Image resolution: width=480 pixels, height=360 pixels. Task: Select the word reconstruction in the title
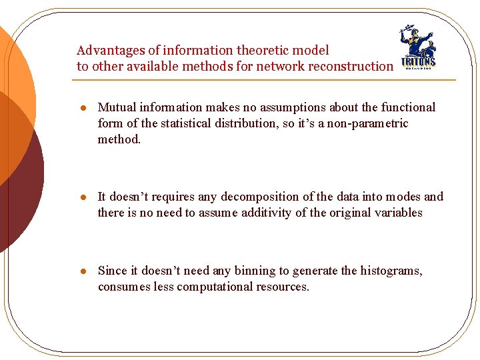[x=353, y=67]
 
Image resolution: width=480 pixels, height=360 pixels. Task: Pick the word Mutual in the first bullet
[x=115, y=107]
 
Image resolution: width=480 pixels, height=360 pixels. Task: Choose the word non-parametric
[x=367, y=123]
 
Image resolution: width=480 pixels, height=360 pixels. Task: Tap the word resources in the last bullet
[x=285, y=287]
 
